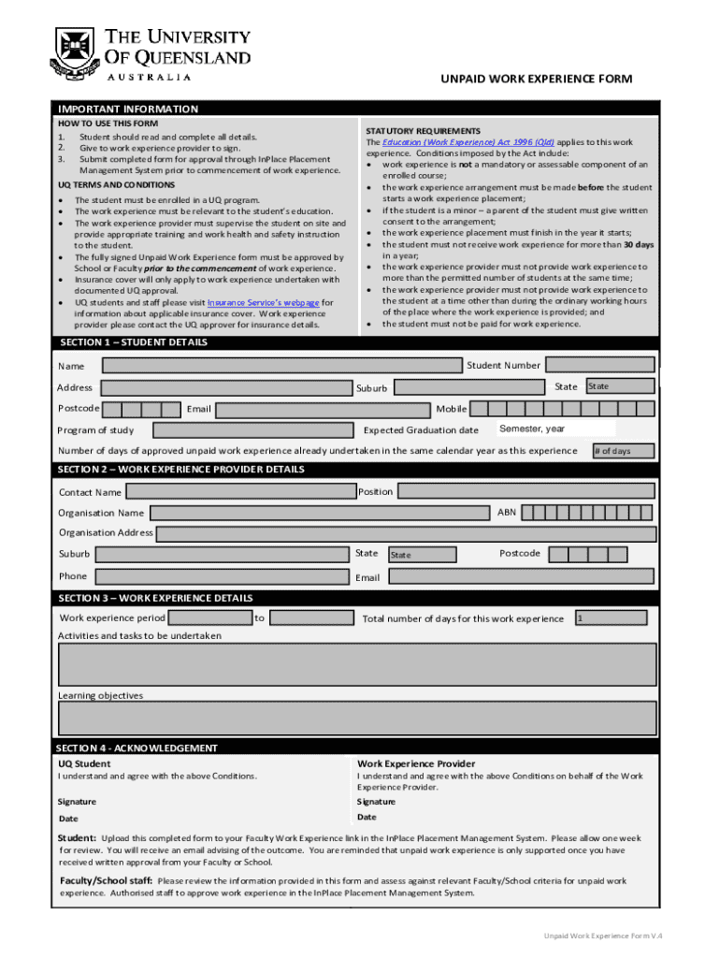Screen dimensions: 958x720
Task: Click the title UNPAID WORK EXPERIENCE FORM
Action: [x=536, y=79]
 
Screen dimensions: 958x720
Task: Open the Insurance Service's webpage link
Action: [x=263, y=303]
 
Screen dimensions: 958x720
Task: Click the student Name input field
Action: [x=282, y=365]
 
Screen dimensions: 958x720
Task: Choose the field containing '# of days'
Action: [x=623, y=451]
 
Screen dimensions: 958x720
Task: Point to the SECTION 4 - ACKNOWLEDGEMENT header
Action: [x=137, y=748]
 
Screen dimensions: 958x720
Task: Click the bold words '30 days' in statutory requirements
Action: [x=639, y=244]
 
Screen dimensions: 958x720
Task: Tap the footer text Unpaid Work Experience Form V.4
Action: [x=610, y=936]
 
